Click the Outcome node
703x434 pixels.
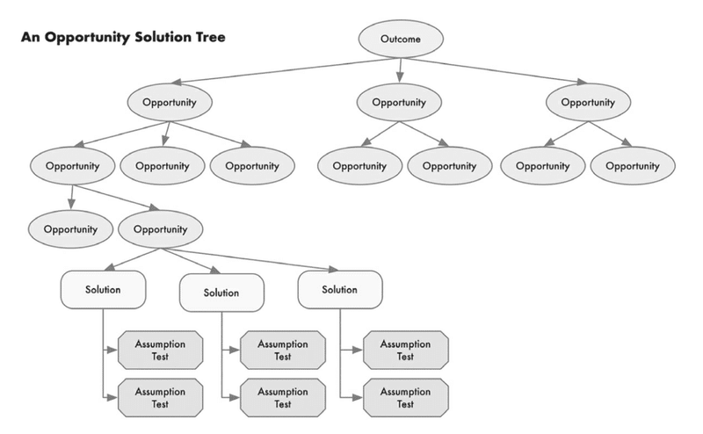pos(401,39)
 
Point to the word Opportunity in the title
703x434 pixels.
pos(87,38)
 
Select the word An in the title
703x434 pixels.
pos(31,37)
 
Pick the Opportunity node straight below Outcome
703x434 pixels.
pos(399,102)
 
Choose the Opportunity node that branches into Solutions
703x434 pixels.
pos(160,229)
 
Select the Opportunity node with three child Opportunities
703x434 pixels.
pos(170,102)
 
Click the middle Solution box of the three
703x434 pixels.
pos(221,293)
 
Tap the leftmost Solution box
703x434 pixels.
pos(103,290)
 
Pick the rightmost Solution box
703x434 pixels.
pos(340,290)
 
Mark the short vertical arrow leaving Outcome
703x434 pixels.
pos(400,70)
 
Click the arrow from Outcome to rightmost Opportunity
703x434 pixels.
pos(494,70)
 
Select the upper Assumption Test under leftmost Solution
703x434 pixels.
pos(160,351)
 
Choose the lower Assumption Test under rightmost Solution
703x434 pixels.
pos(405,398)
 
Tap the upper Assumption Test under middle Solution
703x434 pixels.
pos(283,351)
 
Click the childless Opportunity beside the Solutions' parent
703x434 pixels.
pos(70,229)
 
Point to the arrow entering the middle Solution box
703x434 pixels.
pos(191,261)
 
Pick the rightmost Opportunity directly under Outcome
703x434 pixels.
pos(588,102)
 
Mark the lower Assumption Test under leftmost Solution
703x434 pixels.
pos(160,398)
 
